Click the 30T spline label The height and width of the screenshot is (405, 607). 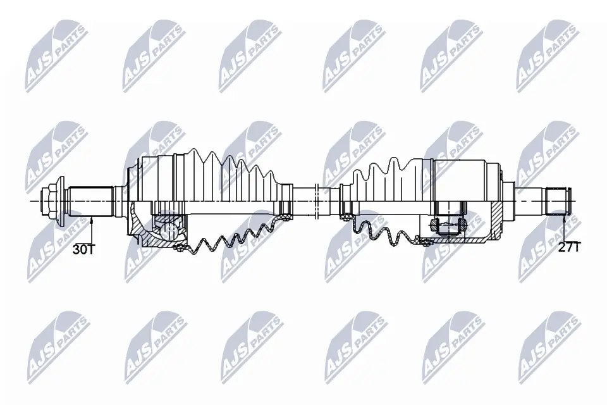click(83, 249)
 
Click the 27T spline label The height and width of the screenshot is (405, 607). click(568, 247)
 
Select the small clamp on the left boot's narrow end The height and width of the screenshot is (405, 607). click(285, 201)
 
